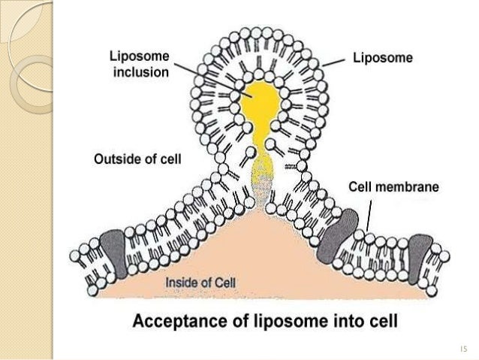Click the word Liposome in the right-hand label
383,59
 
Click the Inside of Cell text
200,282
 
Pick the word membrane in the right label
408,186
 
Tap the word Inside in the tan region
182,282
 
